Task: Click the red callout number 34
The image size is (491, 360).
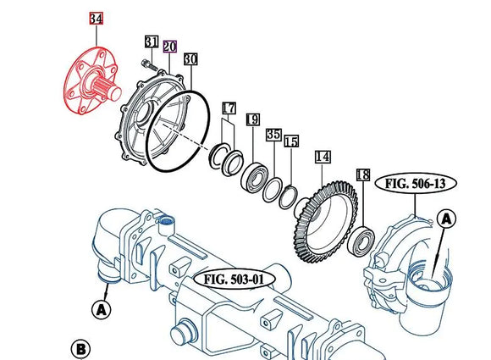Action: click(96, 19)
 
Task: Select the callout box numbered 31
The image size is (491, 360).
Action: click(152, 42)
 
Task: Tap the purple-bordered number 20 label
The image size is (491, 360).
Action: click(169, 47)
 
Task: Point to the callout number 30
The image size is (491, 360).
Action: click(190, 59)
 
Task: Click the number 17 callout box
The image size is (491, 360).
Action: click(229, 108)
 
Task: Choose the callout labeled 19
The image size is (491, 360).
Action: click(253, 119)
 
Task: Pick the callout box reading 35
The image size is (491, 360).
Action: click(273, 135)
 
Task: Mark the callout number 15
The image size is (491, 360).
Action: click(291, 141)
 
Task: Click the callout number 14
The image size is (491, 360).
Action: click(323, 157)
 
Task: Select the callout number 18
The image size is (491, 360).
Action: click(363, 174)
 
